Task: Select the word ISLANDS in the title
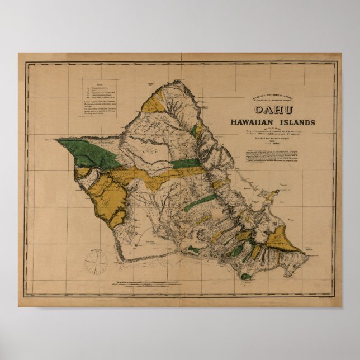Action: coord(297,122)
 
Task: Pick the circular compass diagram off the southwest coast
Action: coord(96,262)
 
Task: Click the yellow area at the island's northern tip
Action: coord(152,102)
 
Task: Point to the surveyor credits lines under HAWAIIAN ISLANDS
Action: coord(272,134)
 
